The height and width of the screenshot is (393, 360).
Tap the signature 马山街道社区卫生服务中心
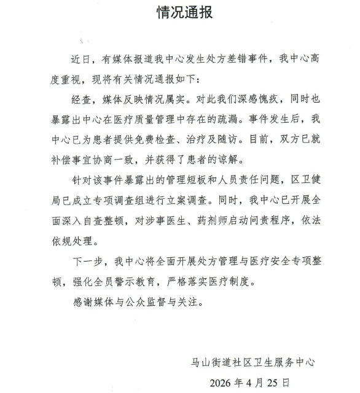coord(253,362)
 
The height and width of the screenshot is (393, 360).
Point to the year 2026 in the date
coord(223,382)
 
